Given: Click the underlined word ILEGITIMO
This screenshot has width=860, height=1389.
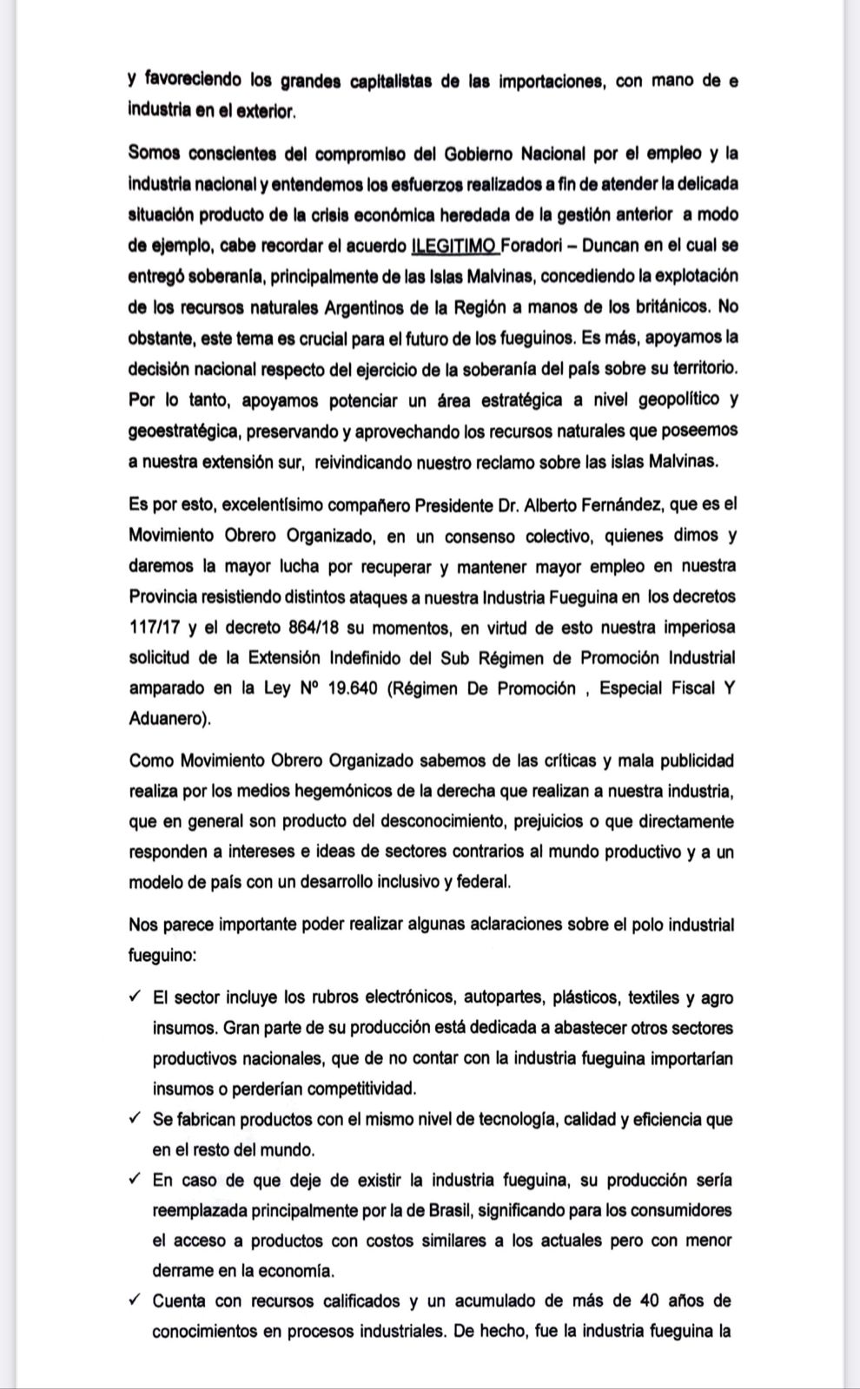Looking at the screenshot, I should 454,246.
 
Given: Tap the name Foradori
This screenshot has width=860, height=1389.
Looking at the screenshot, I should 533,246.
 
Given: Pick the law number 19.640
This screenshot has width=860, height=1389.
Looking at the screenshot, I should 354,688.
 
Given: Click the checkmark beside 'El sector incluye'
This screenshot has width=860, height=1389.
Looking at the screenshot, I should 135,997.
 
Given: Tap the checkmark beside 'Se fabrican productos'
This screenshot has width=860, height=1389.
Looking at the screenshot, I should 135,1119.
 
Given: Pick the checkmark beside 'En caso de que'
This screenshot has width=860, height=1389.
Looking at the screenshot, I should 135,1180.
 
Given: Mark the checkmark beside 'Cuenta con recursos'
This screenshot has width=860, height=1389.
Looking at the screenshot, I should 135,1300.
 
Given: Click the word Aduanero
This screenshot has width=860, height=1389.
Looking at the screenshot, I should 168,719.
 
